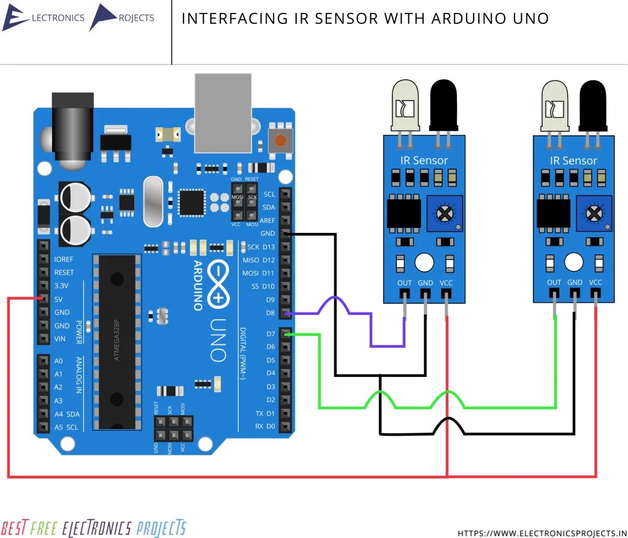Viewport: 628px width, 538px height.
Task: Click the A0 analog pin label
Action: coord(58,361)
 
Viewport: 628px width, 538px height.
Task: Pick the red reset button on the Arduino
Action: coord(280,141)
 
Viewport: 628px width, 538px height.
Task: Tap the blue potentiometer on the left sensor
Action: coord(443,213)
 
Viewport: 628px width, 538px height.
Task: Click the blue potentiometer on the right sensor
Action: coord(594,213)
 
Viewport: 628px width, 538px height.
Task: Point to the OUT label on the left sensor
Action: coord(404,282)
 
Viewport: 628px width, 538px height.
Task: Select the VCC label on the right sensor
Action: coord(595,282)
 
